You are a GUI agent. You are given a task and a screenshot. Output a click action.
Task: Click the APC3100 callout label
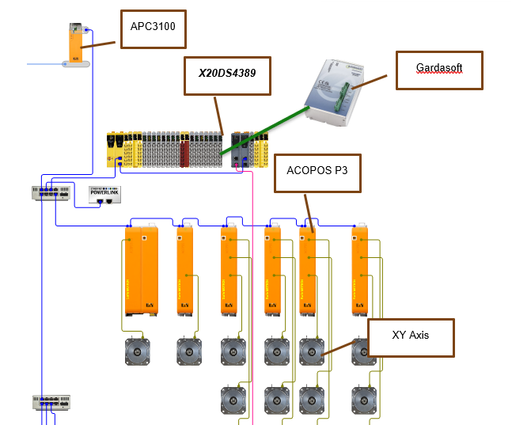tap(153, 30)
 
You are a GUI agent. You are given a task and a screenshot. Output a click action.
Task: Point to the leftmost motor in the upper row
tap(139, 353)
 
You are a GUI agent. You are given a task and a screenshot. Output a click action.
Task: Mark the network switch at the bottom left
tap(52, 402)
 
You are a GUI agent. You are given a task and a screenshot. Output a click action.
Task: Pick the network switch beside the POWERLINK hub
tap(52, 192)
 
